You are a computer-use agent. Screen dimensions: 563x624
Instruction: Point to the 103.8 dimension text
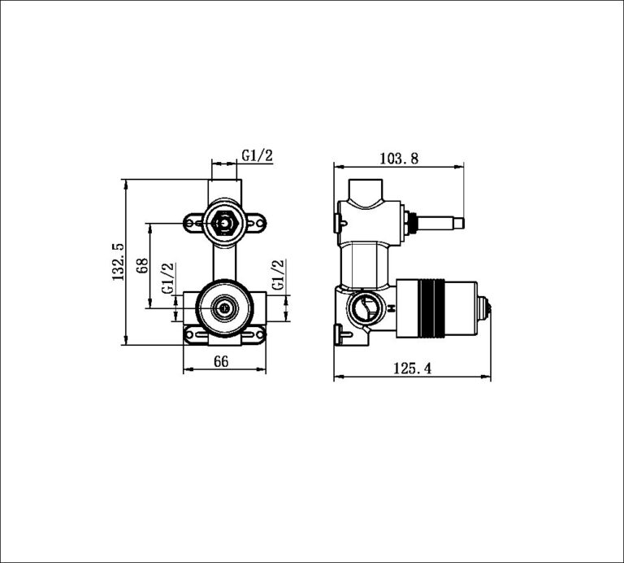398,159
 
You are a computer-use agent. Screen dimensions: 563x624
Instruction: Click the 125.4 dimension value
412,369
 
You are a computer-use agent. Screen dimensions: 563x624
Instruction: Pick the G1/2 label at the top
257,155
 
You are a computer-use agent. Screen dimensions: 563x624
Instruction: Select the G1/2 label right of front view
278,275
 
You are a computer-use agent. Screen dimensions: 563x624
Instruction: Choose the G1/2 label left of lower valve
169,278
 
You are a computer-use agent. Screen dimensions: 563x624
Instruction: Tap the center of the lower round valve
223,308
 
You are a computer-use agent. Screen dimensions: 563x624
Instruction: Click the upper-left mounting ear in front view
195,220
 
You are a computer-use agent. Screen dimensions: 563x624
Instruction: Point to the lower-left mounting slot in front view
193,332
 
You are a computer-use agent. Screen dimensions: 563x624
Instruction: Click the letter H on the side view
392,308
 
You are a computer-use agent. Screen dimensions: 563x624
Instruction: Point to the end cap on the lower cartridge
486,308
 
